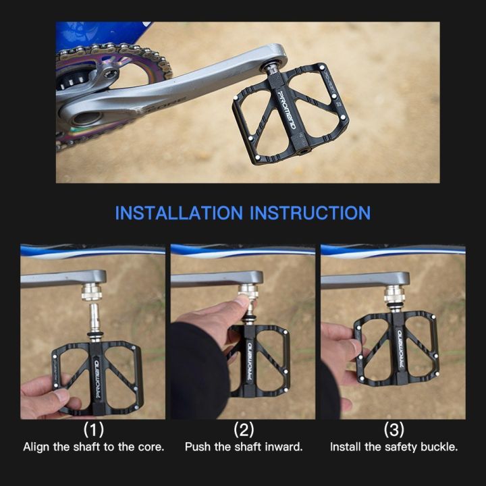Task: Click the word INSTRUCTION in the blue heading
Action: click(310, 213)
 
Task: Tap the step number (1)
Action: click(93, 429)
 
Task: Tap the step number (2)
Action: click(244, 429)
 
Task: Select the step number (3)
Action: click(394, 429)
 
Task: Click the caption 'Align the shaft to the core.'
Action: click(93, 447)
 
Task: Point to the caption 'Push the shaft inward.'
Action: click(244, 447)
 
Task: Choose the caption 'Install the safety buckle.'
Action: click(394, 447)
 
